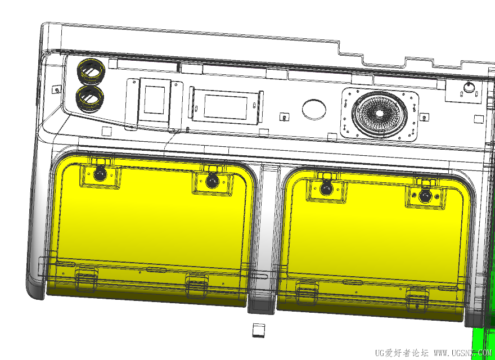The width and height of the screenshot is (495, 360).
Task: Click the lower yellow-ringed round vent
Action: click(91, 98)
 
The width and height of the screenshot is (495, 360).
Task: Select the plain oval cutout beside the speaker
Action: click(314, 109)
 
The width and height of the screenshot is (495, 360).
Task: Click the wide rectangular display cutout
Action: click(226, 107)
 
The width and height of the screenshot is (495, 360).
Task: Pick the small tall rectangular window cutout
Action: click(154, 100)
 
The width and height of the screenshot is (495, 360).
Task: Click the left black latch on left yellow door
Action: click(100, 174)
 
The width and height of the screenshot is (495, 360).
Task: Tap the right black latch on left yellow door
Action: click(212, 181)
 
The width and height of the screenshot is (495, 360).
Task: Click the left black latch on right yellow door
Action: click(326, 188)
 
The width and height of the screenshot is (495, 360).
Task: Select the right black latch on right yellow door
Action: click(425, 196)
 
